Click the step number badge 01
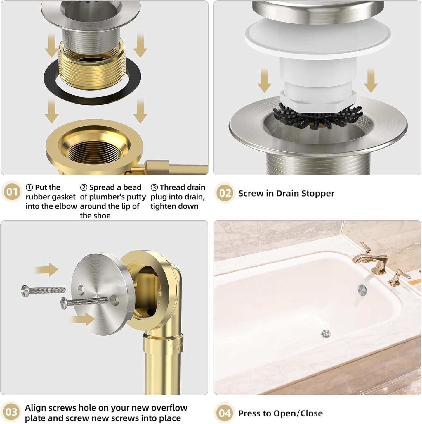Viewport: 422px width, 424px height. click(12, 192)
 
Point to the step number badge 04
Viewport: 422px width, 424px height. click(225, 413)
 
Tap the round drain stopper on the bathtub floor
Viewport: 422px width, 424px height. click(325, 334)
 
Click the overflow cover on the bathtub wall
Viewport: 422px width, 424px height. click(362, 289)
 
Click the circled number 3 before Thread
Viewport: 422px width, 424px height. click(154, 187)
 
